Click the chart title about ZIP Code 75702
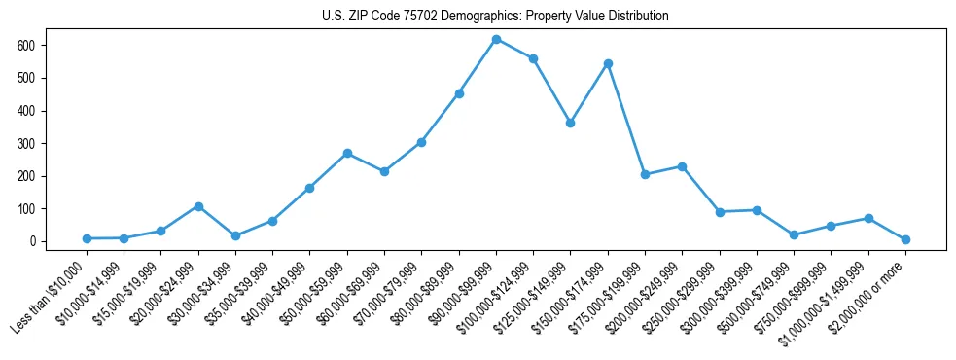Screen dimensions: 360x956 pyautogui.click(x=495, y=17)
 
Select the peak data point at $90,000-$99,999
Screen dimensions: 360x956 pyautogui.click(x=496, y=39)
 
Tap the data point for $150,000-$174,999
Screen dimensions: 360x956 pyautogui.click(x=608, y=63)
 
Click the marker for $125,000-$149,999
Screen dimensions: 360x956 pyautogui.click(x=571, y=123)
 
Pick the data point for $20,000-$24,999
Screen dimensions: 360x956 pyautogui.click(x=198, y=206)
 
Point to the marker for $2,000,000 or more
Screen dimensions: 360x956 pyautogui.click(x=905, y=239)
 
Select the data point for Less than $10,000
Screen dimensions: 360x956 pyautogui.click(x=87, y=238)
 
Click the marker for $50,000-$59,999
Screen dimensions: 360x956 pyautogui.click(x=347, y=153)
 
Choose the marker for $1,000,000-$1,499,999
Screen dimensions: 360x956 pyautogui.click(x=868, y=218)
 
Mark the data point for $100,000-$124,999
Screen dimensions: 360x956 pyautogui.click(x=533, y=58)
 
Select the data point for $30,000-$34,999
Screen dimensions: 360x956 pyautogui.click(x=235, y=235)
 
